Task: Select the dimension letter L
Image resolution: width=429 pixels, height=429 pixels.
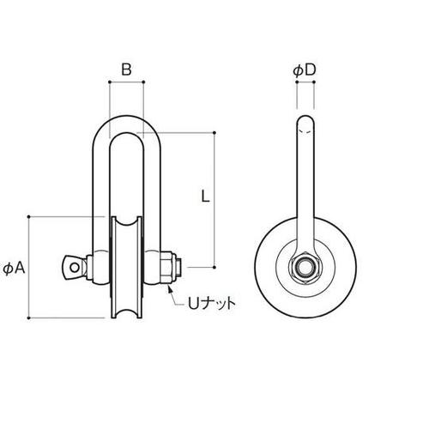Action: tap(204, 195)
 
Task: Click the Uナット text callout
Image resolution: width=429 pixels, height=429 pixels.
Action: tap(209, 303)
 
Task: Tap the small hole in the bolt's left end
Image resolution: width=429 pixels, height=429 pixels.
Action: tap(76, 267)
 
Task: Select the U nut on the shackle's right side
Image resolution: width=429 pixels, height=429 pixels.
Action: tap(169, 267)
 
